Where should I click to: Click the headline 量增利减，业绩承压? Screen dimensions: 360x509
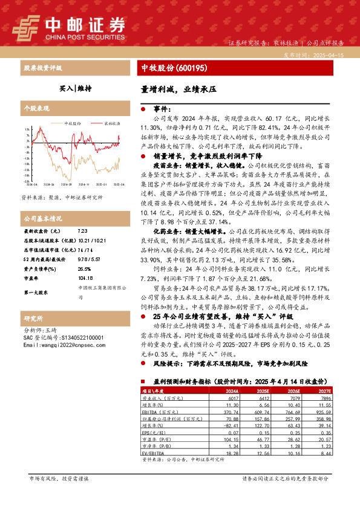tap(178, 88)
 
